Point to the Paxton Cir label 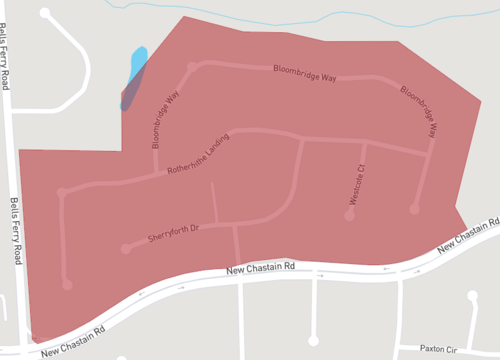pyautogui.click(x=438, y=349)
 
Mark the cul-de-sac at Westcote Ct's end pyautogui.click(x=350, y=214)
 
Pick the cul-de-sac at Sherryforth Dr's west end pyautogui.click(x=125, y=248)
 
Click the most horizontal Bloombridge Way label pyautogui.click(x=305, y=72)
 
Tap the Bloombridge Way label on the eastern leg pyautogui.click(x=419, y=111)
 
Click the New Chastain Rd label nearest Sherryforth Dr pyautogui.click(x=261, y=267)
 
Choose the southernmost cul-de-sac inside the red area pyautogui.click(x=67, y=285)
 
